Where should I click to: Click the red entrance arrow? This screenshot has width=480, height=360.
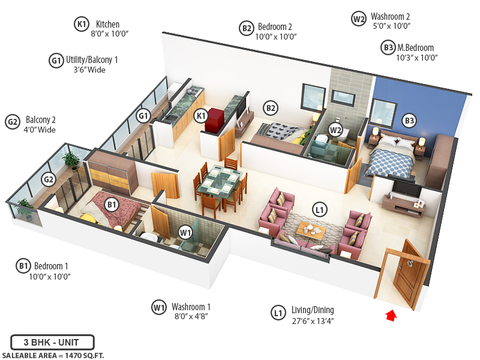pos(391,315)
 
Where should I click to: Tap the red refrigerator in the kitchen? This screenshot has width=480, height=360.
pos(214,120)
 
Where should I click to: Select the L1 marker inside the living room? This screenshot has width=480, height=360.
pos(320,209)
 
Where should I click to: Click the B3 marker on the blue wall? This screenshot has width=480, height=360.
pos(409,121)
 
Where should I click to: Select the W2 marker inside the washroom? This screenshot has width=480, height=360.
pos(335,128)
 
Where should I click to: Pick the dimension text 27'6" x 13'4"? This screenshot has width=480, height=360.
pos(312,321)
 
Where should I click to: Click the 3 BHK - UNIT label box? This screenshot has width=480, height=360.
pos(52,343)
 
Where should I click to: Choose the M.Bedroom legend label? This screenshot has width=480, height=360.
pos(415,48)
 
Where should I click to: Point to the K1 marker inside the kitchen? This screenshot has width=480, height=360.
pos(202,115)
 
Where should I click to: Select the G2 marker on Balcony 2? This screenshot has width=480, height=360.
pos(48,178)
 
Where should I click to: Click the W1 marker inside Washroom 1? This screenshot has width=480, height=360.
pos(185,232)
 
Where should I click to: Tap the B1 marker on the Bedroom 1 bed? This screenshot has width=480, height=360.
pos(111,205)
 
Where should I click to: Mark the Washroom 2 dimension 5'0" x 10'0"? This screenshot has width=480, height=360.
pos(391,27)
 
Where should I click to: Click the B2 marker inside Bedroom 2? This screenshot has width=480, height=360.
pos(271,108)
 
